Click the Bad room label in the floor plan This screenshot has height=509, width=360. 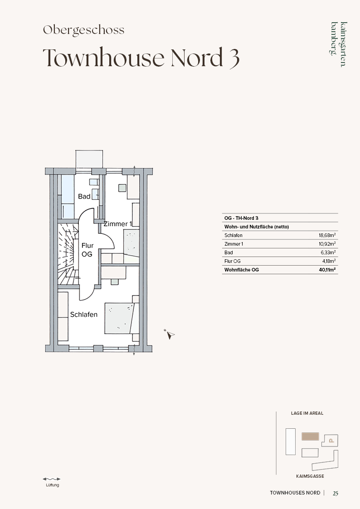point(84,196)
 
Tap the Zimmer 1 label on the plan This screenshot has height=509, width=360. point(118,223)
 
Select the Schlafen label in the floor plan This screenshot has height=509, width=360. point(84,315)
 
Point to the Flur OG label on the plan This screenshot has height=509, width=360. point(87,250)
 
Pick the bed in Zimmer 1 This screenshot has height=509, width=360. point(131,242)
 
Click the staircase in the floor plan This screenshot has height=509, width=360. point(68,254)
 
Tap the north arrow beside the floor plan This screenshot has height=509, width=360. point(169,334)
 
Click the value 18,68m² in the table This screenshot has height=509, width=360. point(327,235)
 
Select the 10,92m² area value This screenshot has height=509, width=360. point(327,244)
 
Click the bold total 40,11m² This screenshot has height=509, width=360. point(327,270)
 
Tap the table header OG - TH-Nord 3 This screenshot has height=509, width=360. point(241,218)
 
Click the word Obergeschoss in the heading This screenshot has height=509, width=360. point(84,30)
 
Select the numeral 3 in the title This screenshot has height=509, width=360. point(234,58)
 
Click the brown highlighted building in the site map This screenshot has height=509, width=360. point(310,436)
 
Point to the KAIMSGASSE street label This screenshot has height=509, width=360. point(310,476)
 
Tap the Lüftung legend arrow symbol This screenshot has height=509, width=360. point(52,479)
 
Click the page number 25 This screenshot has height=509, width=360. point(336,493)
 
